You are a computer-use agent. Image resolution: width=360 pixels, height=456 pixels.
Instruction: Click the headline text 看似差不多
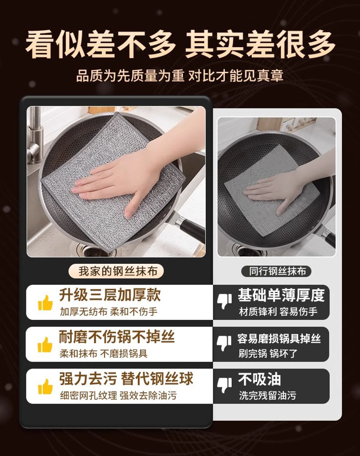101,45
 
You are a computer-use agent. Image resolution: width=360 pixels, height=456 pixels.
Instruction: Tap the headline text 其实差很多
260,45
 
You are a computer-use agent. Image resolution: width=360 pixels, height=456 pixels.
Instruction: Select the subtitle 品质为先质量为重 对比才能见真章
180,76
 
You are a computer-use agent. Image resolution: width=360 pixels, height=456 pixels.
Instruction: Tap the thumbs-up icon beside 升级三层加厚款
45,303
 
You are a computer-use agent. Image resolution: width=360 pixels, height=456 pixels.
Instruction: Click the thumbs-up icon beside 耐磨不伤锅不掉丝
45,345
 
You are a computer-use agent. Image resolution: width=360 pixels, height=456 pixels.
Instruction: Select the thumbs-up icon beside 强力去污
45,387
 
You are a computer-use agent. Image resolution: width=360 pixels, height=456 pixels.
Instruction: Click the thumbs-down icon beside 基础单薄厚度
224,301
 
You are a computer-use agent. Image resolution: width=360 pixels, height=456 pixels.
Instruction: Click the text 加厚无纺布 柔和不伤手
109,312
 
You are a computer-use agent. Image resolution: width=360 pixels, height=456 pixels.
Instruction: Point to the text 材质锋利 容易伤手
278,312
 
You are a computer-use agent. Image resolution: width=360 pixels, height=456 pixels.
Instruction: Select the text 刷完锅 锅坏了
268,354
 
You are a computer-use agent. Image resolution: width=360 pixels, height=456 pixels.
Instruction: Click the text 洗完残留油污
268,395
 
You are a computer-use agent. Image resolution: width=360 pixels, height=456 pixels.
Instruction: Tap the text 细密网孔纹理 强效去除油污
118,395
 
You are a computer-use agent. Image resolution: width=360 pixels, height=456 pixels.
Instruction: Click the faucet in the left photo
35,135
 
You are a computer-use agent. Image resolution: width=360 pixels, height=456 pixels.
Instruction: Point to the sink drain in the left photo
93,251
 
